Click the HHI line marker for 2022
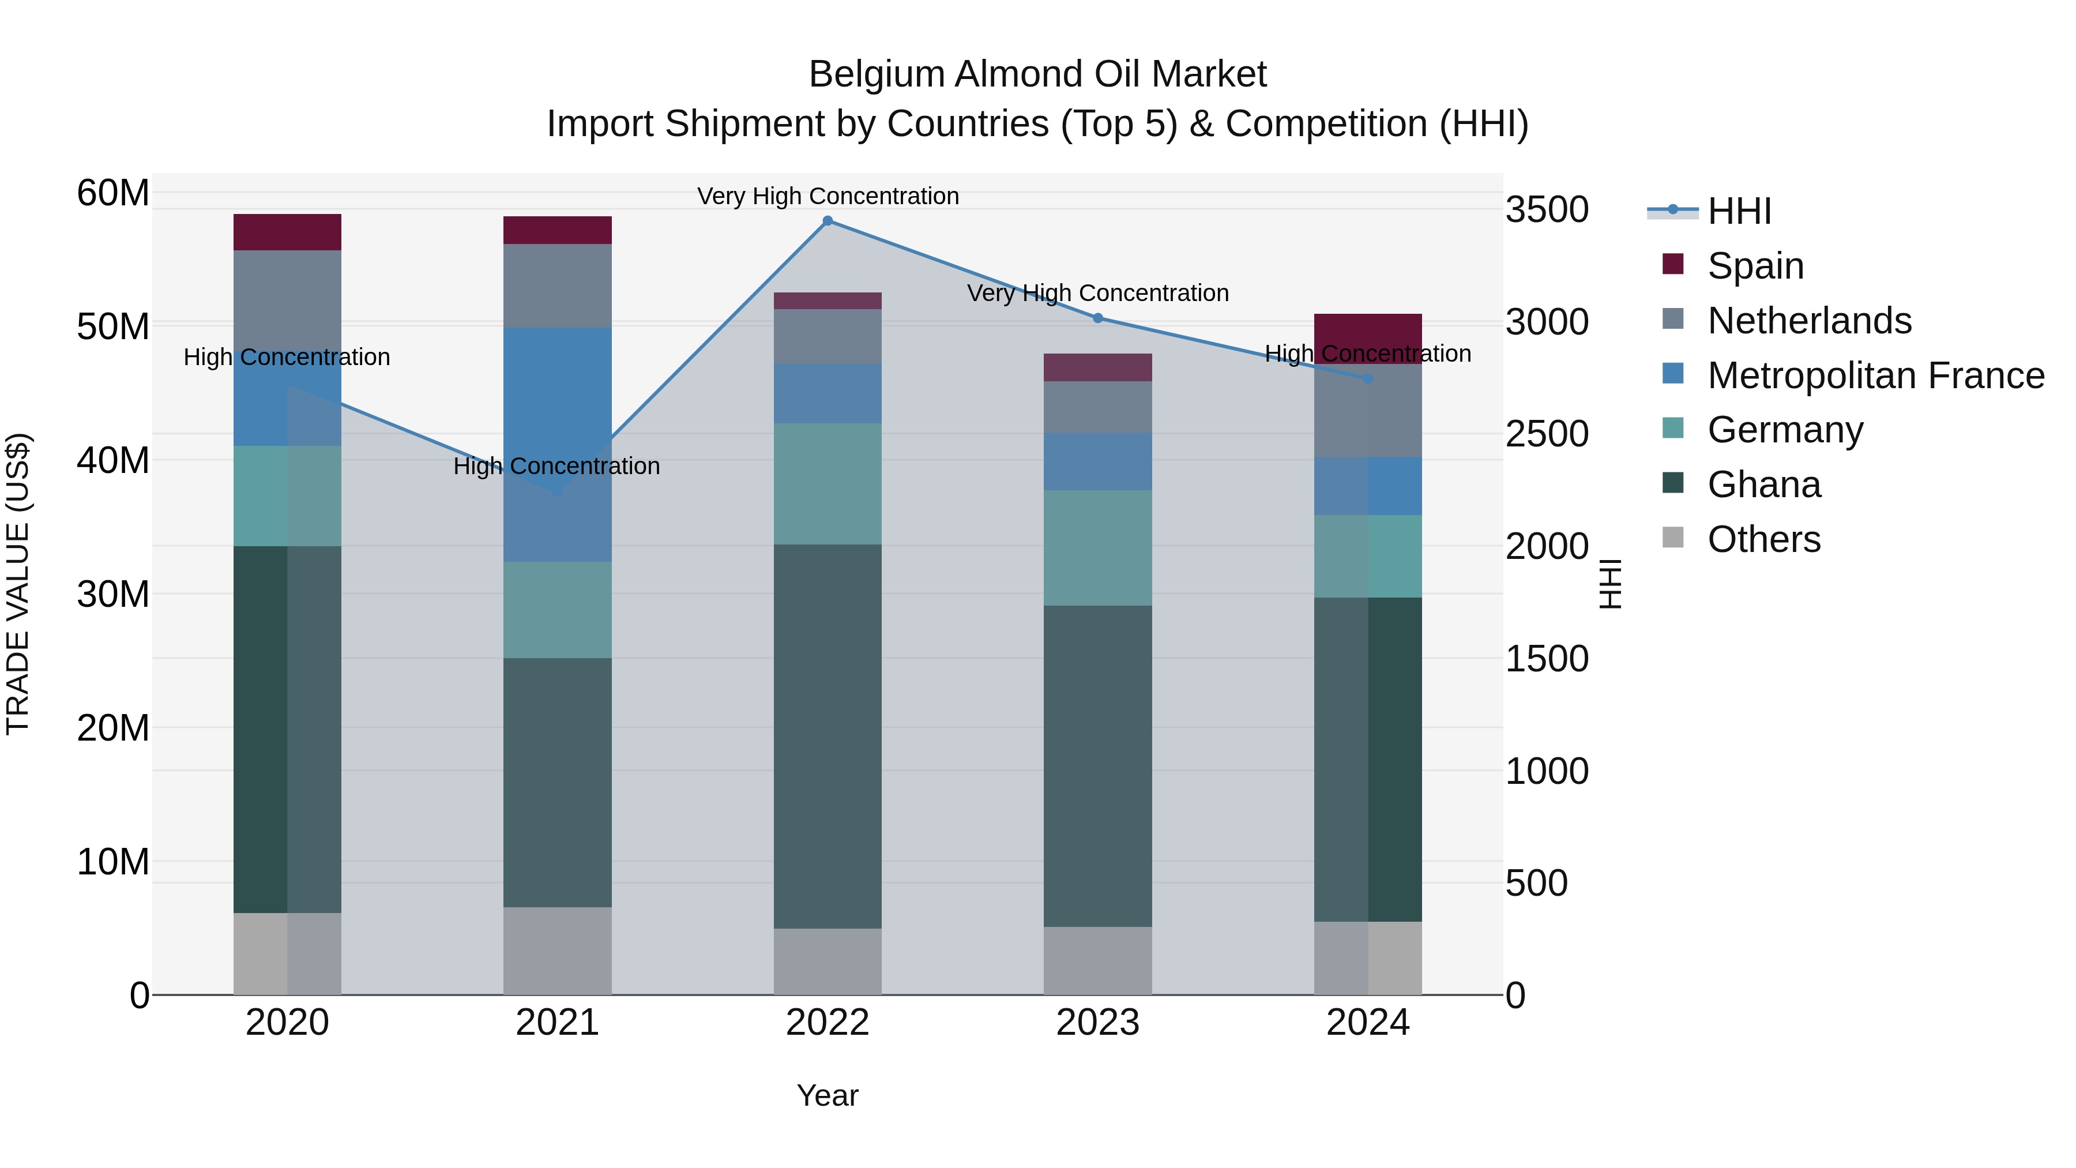click(x=827, y=221)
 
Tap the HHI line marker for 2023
click(x=1097, y=318)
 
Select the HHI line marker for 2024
click(x=1368, y=379)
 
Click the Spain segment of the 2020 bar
click(x=287, y=232)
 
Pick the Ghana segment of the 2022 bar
click(x=827, y=736)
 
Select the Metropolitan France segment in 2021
click(x=557, y=444)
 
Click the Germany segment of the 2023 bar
click(x=1097, y=548)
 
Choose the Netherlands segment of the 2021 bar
click(x=557, y=286)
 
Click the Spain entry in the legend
click(x=1755, y=265)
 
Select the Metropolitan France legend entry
click(x=1875, y=375)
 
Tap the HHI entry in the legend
click(x=1739, y=211)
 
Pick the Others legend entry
click(x=1763, y=539)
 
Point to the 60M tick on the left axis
click(x=113, y=193)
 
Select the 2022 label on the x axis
click(x=827, y=1023)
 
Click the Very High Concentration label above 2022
click(x=828, y=196)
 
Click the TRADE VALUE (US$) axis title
click(x=18, y=584)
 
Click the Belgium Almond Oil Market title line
click(x=1037, y=74)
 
